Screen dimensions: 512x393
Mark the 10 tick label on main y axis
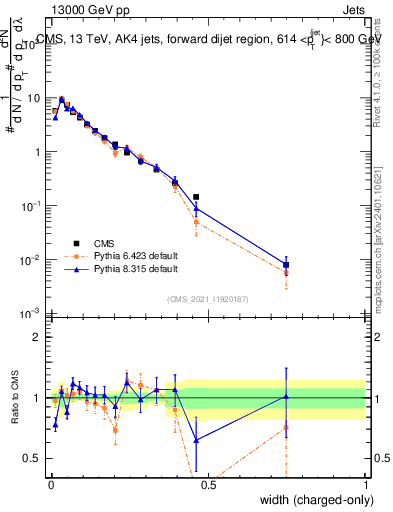(34, 98)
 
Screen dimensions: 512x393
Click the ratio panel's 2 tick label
(38, 337)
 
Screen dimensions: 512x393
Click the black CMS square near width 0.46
(196, 197)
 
